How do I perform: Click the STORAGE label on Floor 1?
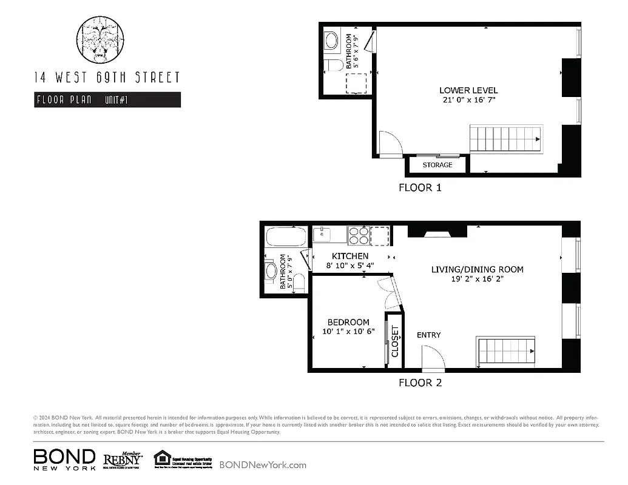(437, 165)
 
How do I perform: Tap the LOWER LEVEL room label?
(468, 90)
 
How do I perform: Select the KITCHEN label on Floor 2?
(350, 256)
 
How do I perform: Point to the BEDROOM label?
(348, 322)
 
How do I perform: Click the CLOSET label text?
(395, 341)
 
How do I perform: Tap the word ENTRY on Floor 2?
(428, 335)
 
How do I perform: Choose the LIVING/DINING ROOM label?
(477, 269)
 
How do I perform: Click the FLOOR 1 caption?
(420, 187)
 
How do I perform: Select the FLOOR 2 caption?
(420, 383)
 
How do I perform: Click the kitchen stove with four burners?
(359, 235)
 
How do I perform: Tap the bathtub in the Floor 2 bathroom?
(286, 236)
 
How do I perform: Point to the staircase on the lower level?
(506, 139)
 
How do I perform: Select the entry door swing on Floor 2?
(433, 358)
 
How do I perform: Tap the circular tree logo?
(101, 39)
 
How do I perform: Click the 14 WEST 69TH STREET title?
(107, 78)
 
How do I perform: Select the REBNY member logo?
(123, 459)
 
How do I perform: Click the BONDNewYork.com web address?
(263, 465)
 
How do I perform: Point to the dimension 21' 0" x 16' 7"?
(468, 100)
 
